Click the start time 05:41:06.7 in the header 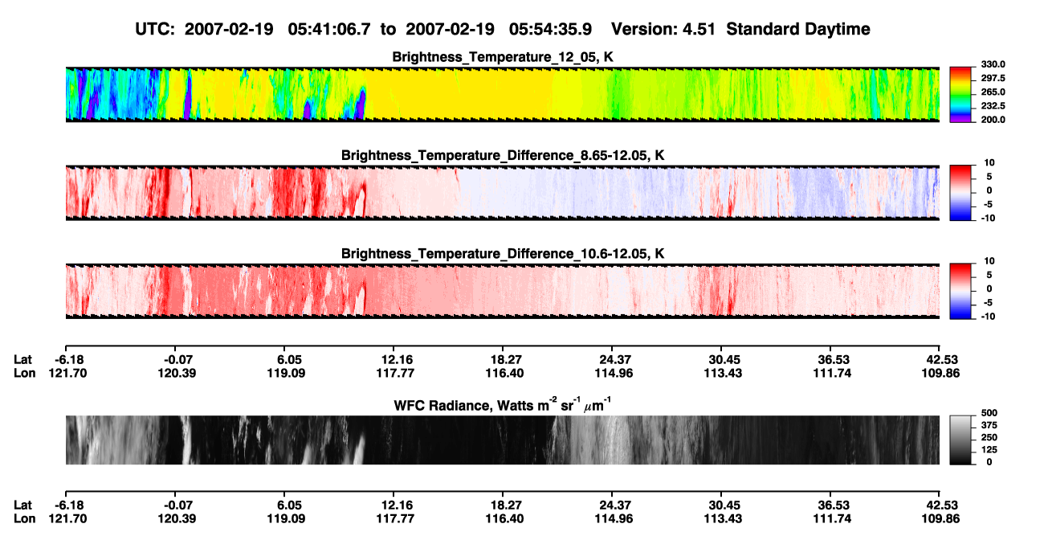tap(329, 30)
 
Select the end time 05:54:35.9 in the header tap(550, 30)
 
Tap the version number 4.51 tap(699, 30)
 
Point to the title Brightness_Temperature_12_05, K tap(503, 57)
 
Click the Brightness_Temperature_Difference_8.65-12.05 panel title tap(503, 155)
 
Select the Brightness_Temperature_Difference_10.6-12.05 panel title tap(503, 254)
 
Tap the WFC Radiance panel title tap(503, 404)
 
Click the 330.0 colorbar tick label tap(993, 64)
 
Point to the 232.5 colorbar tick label tap(993, 106)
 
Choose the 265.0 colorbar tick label tap(993, 92)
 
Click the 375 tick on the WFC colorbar tap(989, 425)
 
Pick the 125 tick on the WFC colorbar tap(989, 450)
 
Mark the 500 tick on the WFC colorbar tap(989, 413)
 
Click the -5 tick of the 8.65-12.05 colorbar tap(988, 204)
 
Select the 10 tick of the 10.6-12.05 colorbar tap(989, 261)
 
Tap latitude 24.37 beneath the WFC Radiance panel tap(614, 505)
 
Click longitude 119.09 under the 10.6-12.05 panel tap(286, 373)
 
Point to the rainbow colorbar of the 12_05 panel tap(960, 95)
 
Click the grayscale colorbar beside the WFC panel tap(960, 440)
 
